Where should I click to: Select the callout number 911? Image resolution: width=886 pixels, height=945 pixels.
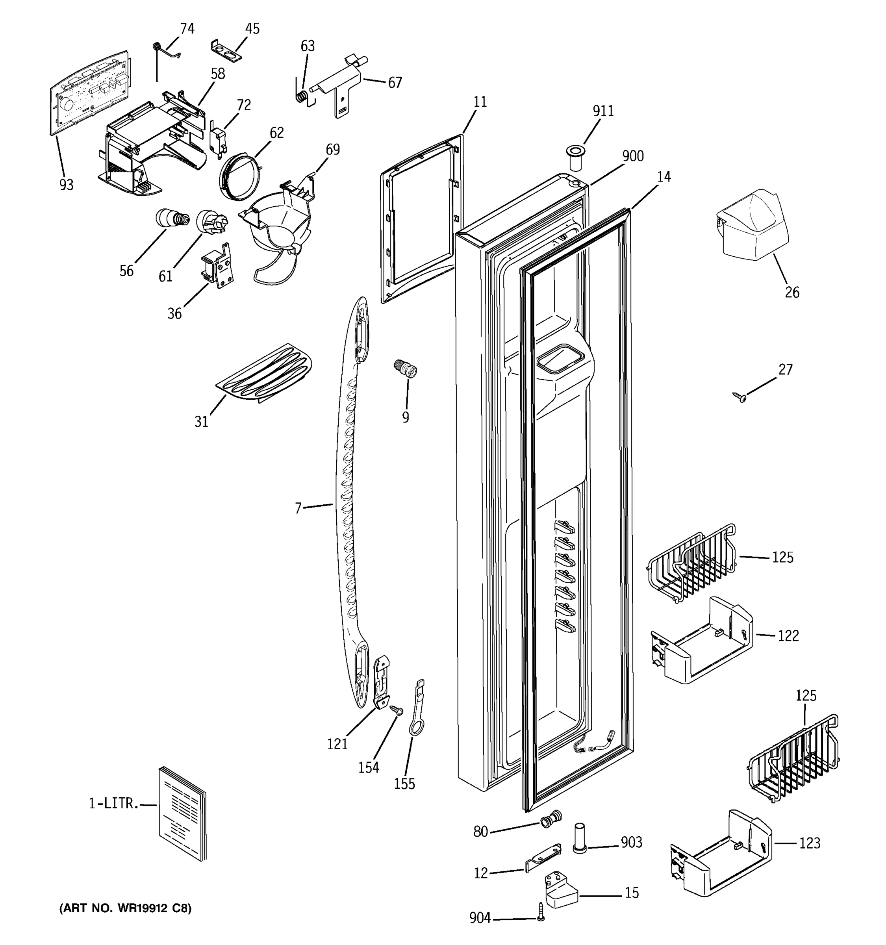click(x=603, y=111)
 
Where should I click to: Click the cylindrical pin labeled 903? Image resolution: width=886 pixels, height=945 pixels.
click(x=578, y=838)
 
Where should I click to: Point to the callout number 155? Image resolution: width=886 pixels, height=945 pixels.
click(x=404, y=784)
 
